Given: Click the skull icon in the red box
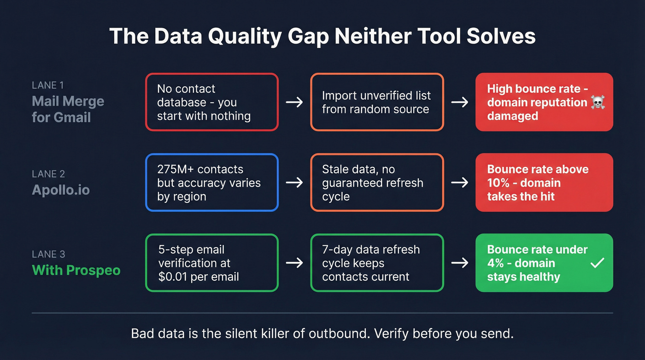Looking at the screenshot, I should point(598,102).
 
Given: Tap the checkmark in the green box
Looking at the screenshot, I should point(598,263).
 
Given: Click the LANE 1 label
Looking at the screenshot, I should point(48,85).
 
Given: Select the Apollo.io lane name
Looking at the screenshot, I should point(61,190).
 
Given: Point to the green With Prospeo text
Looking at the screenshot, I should point(76,270).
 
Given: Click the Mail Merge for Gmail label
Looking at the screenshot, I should point(68,109).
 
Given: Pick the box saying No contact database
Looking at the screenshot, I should point(212,102).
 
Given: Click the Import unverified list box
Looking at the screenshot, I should point(377,102).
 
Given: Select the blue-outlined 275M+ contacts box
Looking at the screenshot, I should point(212,183).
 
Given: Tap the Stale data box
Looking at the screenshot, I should point(377,183).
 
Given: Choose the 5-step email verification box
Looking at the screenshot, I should point(212,263).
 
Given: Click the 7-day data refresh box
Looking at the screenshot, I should point(377,263).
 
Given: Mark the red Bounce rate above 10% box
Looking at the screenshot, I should point(544,183).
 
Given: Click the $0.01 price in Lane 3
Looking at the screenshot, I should point(175,277).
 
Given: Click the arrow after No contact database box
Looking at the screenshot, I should point(294,102).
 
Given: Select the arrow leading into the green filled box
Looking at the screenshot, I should point(459,263).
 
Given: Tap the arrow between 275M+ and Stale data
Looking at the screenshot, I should point(294,183).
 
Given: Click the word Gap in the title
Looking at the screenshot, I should point(306,36).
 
